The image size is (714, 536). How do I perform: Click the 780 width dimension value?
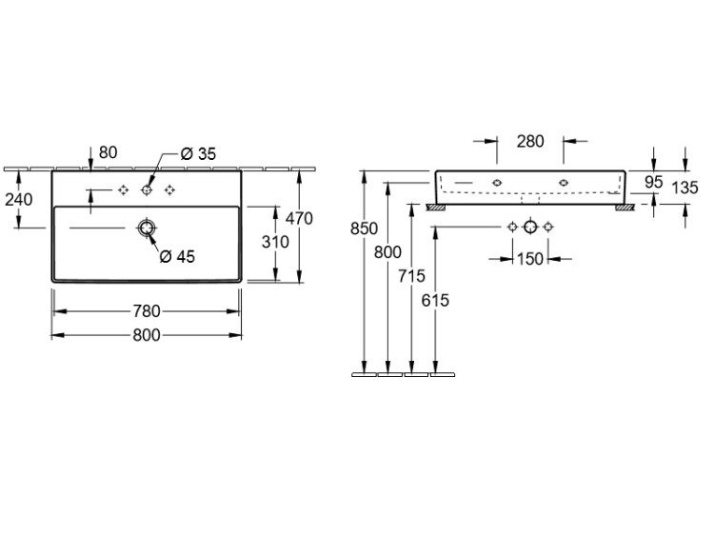147,311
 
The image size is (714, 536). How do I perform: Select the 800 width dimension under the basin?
147,336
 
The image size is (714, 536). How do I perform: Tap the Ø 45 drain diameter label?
177,257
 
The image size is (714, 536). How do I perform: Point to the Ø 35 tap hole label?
198,154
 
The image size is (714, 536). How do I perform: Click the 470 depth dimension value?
299,219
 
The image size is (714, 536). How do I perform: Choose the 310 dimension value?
275,242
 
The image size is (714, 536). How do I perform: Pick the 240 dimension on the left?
19,200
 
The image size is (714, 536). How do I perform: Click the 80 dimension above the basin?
108,152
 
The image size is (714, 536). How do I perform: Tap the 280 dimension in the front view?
530,142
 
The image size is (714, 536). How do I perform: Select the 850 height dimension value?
364,228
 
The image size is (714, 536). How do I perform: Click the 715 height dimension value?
411,276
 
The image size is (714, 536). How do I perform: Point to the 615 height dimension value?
435,301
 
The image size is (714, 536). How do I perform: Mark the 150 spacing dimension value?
530,259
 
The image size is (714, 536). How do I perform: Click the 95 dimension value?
654,182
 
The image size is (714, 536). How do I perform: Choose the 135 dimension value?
684,188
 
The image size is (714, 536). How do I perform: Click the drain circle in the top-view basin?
147,228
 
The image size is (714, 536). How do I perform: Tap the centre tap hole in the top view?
147,190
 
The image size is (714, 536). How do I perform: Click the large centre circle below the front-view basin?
530,227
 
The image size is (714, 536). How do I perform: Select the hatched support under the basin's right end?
624,208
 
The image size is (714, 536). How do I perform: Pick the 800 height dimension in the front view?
387,252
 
